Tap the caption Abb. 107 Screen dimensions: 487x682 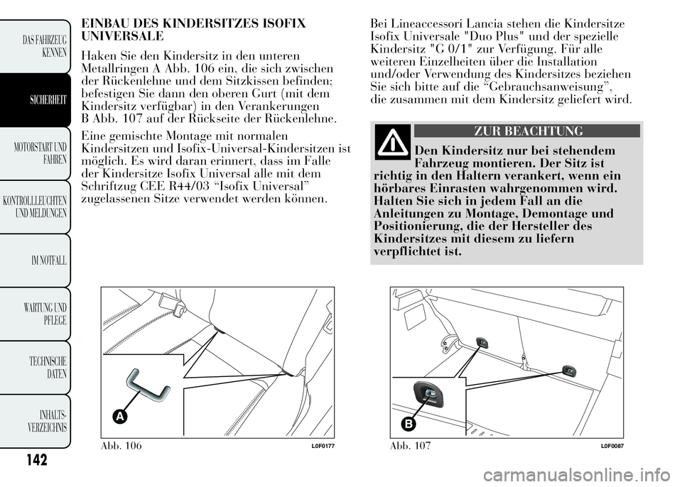coord(410,445)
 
